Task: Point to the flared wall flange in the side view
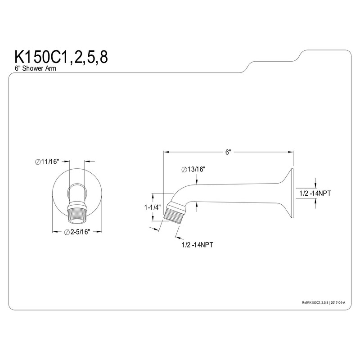click(286, 193)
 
